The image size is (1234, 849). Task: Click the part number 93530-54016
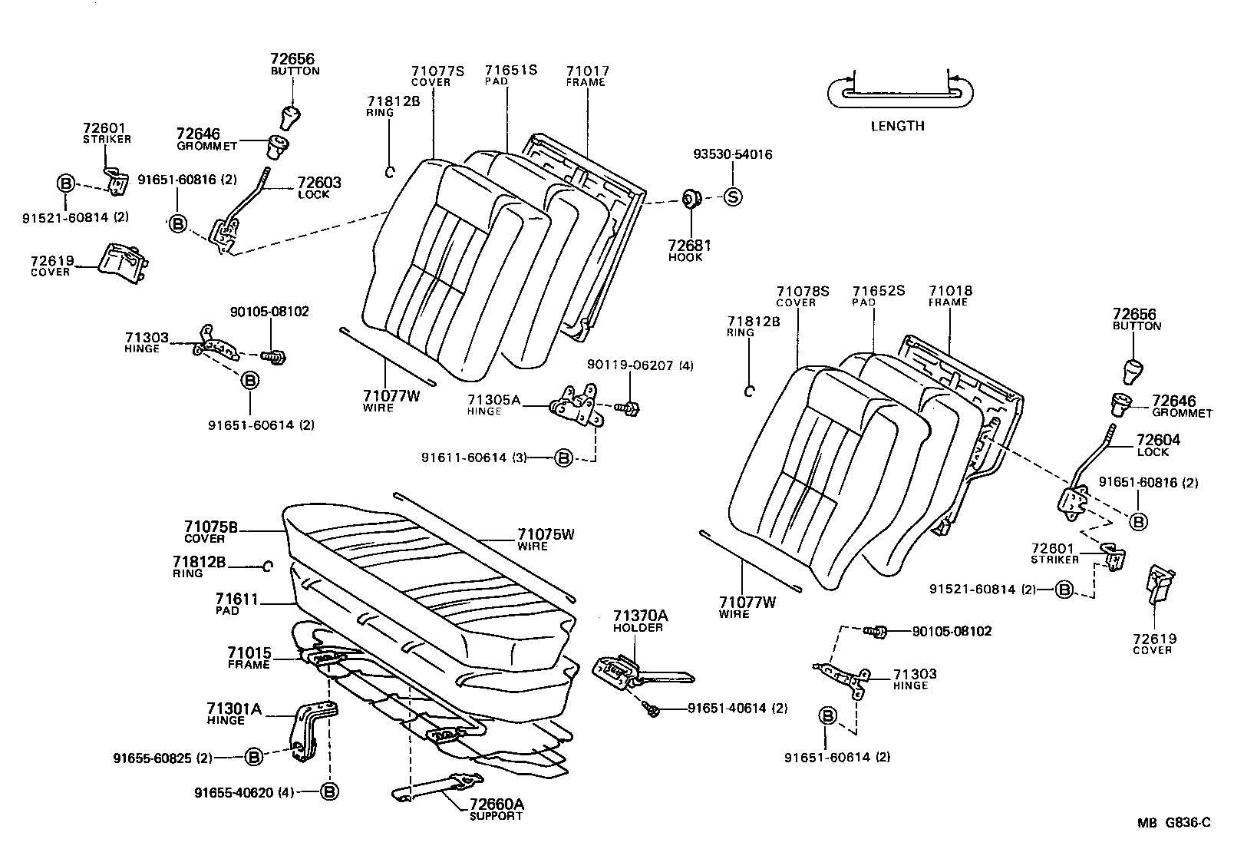(732, 154)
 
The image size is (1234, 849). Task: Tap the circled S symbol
(733, 197)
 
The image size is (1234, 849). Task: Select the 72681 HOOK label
(689, 250)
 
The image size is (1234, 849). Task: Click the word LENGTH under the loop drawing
(897, 126)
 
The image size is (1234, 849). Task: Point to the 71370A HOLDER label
(640, 620)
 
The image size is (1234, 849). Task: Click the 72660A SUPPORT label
(496, 809)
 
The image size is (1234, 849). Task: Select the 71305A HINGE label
(494, 405)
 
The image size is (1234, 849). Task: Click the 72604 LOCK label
(1157, 445)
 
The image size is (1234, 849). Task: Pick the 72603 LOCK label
(318, 188)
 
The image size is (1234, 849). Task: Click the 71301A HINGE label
(233, 714)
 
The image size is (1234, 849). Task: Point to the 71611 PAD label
(236, 604)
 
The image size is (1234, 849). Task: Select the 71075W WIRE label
(545, 540)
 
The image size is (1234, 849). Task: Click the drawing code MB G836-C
(1173, 823)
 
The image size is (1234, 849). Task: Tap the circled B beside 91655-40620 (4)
(329, 791)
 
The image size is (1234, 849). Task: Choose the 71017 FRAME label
(587, 76)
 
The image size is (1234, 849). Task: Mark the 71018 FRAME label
(950, 296)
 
